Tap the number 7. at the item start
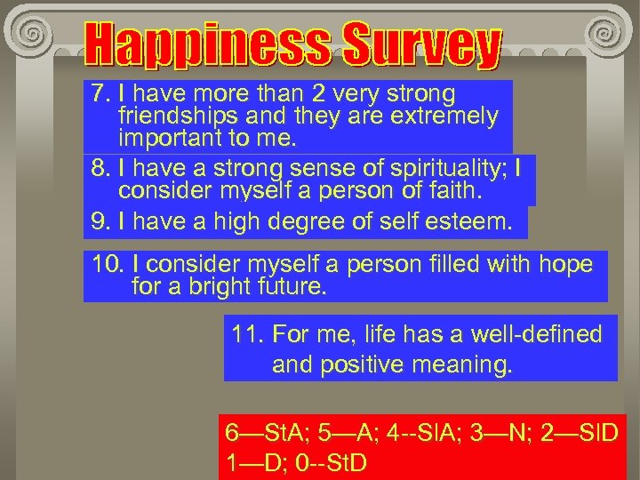tap(100, 94)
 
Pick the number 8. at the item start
tap(100, 168)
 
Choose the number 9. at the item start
tap(100, 222)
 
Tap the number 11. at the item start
tap(247, 335)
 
